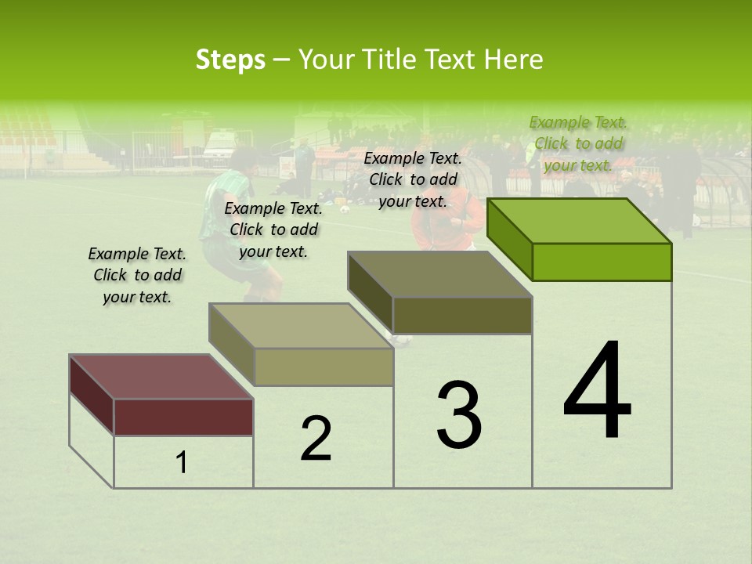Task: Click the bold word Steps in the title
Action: click(x=230, y=60)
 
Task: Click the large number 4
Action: click(x=597, y=392)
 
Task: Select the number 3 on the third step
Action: click(x=459, y=415)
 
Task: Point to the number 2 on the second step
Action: click(x=316, y=439)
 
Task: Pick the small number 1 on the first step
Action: click(x=182, y=463)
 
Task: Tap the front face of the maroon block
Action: click(x=183, y=417)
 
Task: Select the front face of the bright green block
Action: click(x=602, y=262)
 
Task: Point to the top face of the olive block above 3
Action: click(x=439, y=274)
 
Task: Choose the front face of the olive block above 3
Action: click(x=462, y=315)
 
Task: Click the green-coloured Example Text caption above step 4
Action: click(x=578, y=143)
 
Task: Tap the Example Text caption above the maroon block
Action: click(x=137, y=275)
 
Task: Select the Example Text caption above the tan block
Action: click(x=273, y=230)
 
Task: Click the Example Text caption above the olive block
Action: click(x=413, y=179)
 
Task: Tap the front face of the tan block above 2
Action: click(x=324, y=367)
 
